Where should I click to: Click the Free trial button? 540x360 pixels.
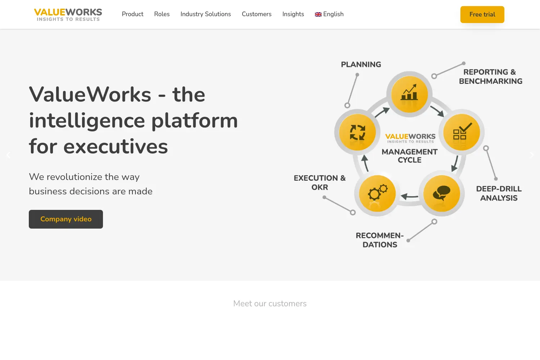[482, 14]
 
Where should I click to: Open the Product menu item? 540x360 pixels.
[132, 14]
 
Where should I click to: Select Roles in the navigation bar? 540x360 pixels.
[162, 14]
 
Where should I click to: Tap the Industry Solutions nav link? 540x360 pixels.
[206, 14]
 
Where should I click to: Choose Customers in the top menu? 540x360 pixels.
[256, 14]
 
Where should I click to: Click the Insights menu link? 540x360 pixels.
[293, 14]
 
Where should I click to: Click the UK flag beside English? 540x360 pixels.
[318, 14]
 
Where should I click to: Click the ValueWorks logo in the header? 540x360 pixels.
[68, 15]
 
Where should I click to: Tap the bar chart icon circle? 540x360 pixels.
[409, 94]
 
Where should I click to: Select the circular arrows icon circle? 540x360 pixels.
[357, 132]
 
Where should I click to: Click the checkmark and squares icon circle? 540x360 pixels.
[462, 132]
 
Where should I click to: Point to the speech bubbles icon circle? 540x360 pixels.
[442, 193]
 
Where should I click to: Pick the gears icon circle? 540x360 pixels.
[377, 193]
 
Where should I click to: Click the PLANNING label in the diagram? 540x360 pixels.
[361, 65]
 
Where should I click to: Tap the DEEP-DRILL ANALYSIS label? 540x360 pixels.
[499, 193]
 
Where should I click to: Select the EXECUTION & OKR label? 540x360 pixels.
[320, 183]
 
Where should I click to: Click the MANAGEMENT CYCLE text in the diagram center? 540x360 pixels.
[410, 156]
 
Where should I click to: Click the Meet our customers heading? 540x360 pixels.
[270, 303]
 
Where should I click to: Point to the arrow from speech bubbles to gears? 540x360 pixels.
[409, 197]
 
